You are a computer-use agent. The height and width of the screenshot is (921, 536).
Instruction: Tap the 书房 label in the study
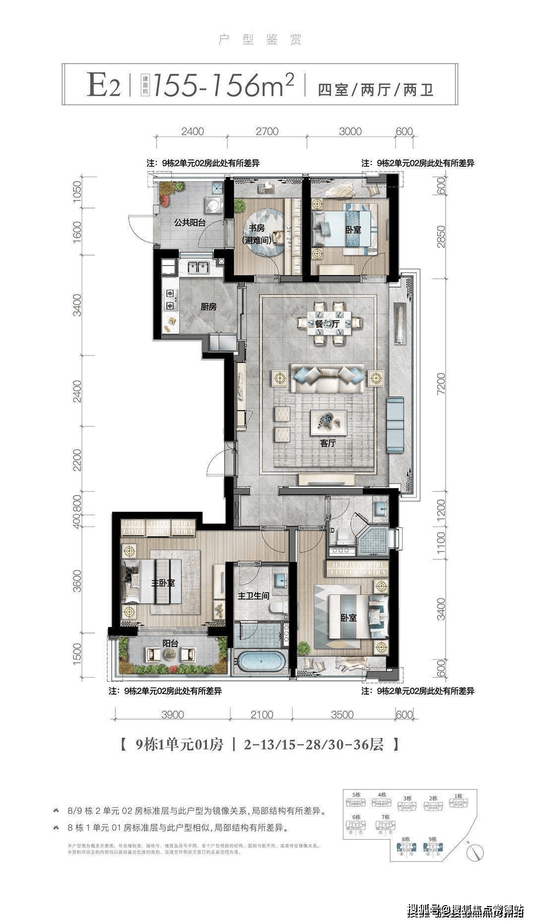point(257,228)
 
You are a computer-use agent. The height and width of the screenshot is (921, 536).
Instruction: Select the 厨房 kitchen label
point(208,307)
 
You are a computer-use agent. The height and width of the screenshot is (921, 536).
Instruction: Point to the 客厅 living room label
point(328,443)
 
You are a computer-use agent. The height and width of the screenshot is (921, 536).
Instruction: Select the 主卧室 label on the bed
point(163,582)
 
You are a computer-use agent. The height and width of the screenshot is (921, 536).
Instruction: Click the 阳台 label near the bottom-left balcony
point(170,643)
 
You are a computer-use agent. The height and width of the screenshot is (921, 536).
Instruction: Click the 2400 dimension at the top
point(193,132)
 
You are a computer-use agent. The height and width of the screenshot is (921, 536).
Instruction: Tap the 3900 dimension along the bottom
point(172,714)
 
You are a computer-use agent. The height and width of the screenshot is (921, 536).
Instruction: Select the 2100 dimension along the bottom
point(262,714)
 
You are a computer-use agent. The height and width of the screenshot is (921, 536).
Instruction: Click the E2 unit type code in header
point(103,85)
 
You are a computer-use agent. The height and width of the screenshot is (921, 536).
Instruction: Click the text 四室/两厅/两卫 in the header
point(375,90)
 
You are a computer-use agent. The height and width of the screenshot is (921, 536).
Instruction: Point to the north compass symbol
point(475,852)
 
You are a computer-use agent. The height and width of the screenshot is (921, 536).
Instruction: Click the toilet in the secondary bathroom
point(342,536)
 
